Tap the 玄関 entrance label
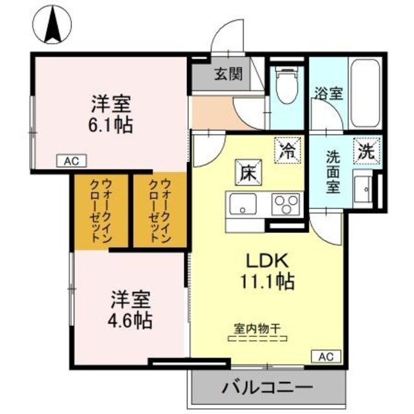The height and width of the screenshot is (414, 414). (x=228, y=74)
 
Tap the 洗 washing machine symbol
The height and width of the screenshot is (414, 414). (x=365, y=153)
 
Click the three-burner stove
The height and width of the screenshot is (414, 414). (x=284, y=205)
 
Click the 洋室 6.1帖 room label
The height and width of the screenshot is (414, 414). (x=111, y=113)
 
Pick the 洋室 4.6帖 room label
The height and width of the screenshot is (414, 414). (x=130, y=309)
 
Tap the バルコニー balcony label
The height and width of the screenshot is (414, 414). (x=267, y=388)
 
